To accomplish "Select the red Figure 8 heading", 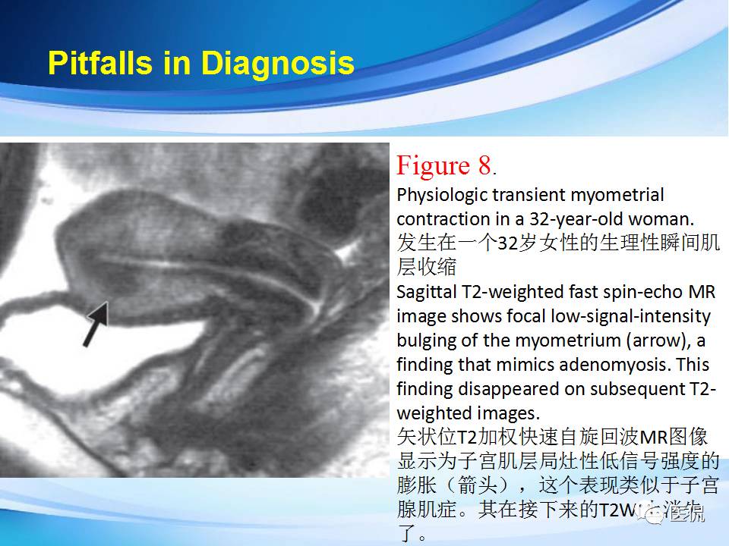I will pyautogui.click(x=444, y=165).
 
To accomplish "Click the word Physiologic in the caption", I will pyautogui.click(x=442, y=195).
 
